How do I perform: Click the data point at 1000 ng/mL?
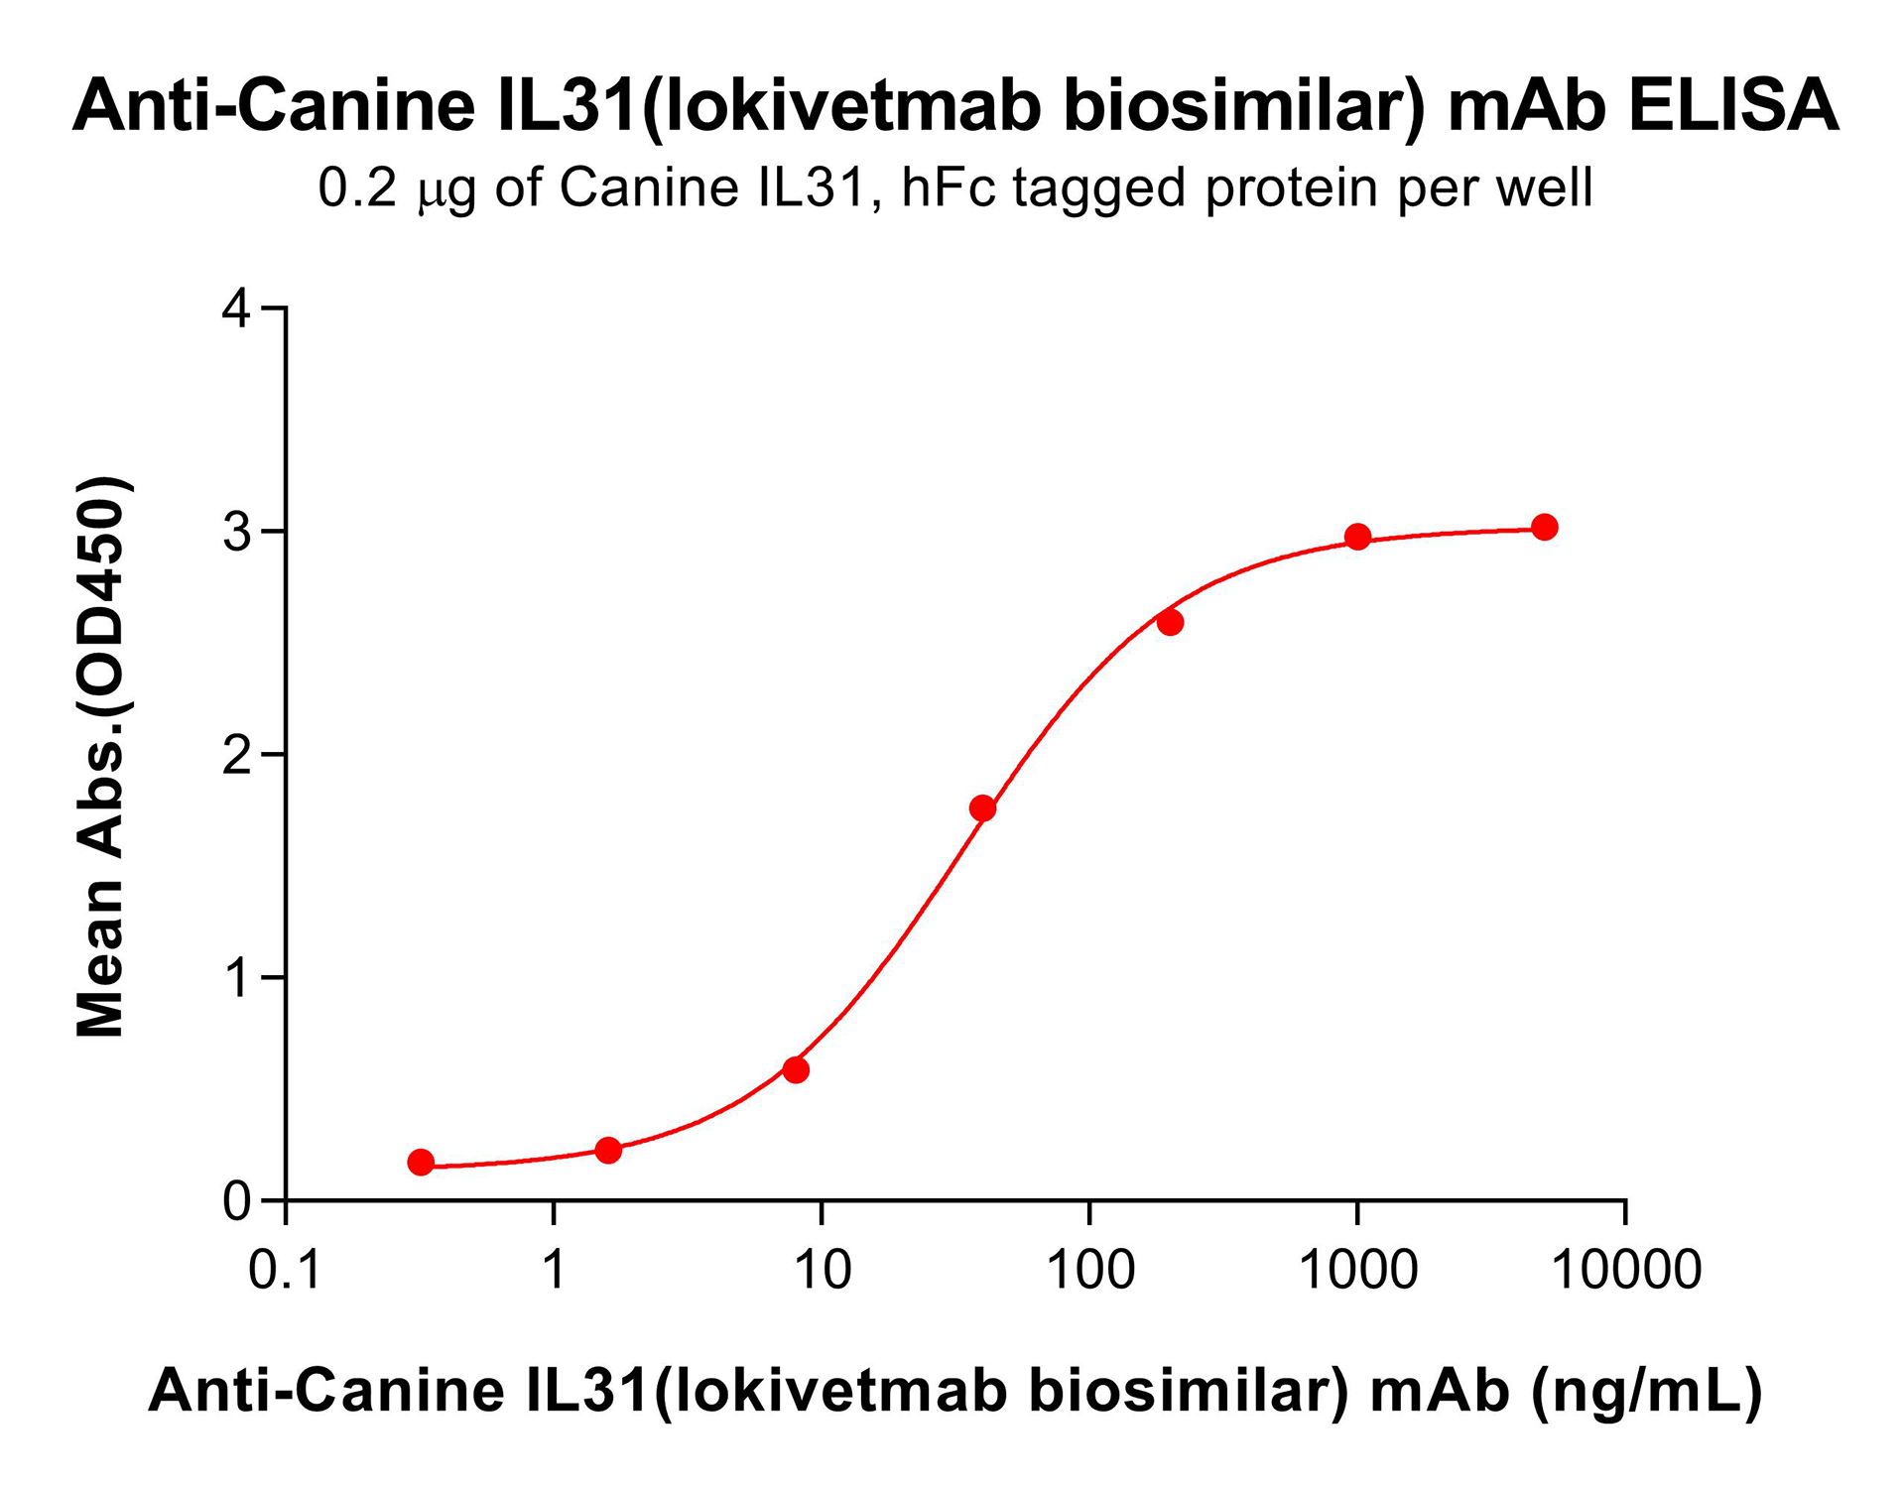tap(1357, 537)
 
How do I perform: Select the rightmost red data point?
tap(1544, 527)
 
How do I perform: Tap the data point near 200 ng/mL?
tap(1170, 622)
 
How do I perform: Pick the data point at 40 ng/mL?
tap(982, 807)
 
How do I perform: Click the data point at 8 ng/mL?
tap(795, 1069)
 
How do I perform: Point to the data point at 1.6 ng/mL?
tap(608, 1150)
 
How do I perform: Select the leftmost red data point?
tap(421, 1162)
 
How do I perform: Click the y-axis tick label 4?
tap(238, 310)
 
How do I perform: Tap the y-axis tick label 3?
tap(238, 533)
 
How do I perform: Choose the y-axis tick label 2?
tap(238, 756)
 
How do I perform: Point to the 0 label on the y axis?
tap(238, 1201)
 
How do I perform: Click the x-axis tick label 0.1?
tap(285, 1270)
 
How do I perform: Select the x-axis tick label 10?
tap(823, 1270)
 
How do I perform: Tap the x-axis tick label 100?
tap(1090, 1270)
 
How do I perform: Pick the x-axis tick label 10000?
tap(1625, 1270)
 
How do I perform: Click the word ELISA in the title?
tap(1732, 105)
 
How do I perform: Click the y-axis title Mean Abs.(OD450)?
tap(101, 756)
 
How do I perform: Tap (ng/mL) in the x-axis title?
tap(1647, 1391)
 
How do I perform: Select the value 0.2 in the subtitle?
tap(357, 187)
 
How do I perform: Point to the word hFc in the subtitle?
tap(948, 187)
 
